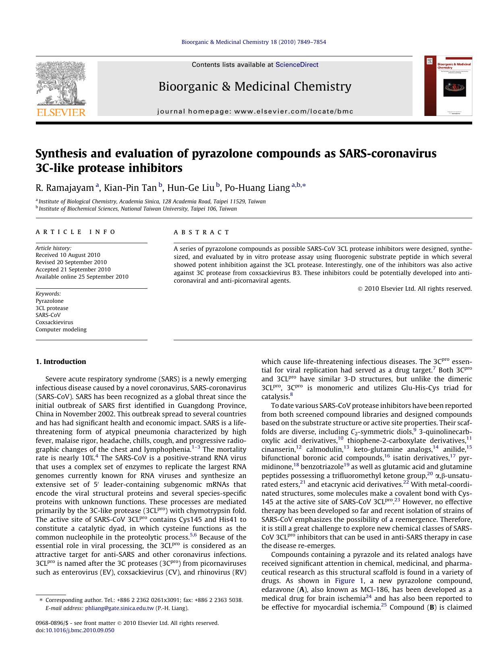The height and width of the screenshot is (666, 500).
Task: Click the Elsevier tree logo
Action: pos(61,84)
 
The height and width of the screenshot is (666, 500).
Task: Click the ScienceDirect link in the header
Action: pos(297,65)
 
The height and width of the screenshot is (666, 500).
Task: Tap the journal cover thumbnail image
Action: pos(448,86)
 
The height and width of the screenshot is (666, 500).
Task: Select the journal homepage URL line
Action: pos(255,112)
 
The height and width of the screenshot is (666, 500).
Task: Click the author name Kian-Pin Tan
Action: pos(130,188)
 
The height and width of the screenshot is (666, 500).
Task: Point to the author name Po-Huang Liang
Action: pos(257,188)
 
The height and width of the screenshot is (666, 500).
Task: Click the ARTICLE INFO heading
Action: pos(76,232)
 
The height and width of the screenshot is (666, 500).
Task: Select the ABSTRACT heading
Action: pos(201,232)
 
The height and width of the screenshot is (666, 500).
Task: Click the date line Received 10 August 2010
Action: pos(68,255)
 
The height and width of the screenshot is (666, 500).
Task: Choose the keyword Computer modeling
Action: pos(61,329)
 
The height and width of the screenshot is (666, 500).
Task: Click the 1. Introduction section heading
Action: pos(61,362)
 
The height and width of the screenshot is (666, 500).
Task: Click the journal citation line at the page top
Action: pos(253,42)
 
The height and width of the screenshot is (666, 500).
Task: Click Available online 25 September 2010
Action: pos(82,277)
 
